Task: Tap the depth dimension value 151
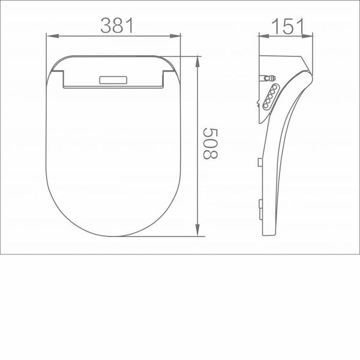(x=286, y=26)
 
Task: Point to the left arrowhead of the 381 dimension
(x=50, y=37)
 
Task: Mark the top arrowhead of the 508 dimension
(x=199, y=59)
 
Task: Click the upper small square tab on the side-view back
(x=259, y=161)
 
